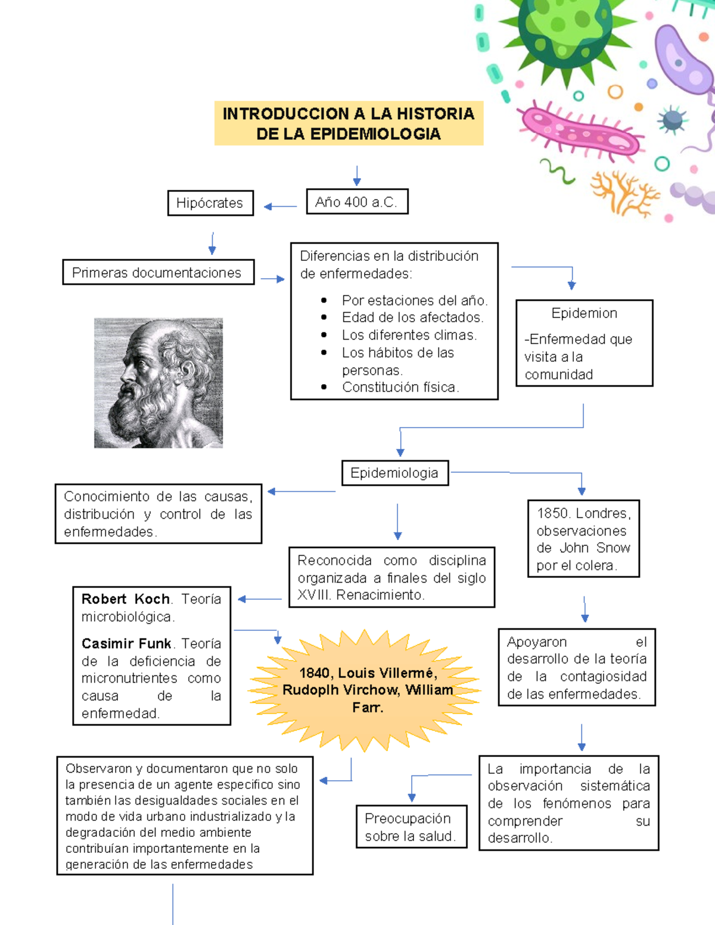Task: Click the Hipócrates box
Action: (210, 203)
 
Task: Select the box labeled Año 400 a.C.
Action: (357, 202)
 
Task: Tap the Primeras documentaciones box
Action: (158, 272)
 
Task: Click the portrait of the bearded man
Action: (158, 383)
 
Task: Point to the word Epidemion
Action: (584, 313)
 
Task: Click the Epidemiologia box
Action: (394, 473)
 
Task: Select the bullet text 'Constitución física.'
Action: (400, 387)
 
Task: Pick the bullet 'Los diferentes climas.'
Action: (409, 335)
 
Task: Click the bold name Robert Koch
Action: (126, 599)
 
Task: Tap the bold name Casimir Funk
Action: (126, 644)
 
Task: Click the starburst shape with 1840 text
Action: (365, 690)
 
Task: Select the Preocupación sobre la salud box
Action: (411, 827)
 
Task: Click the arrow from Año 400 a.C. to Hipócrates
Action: (280, 207)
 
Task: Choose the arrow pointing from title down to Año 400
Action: (357, 176)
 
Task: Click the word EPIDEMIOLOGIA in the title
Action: (375, 134)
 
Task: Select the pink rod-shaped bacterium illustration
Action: (579, 131)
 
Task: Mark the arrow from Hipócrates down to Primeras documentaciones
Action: (212, 244)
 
